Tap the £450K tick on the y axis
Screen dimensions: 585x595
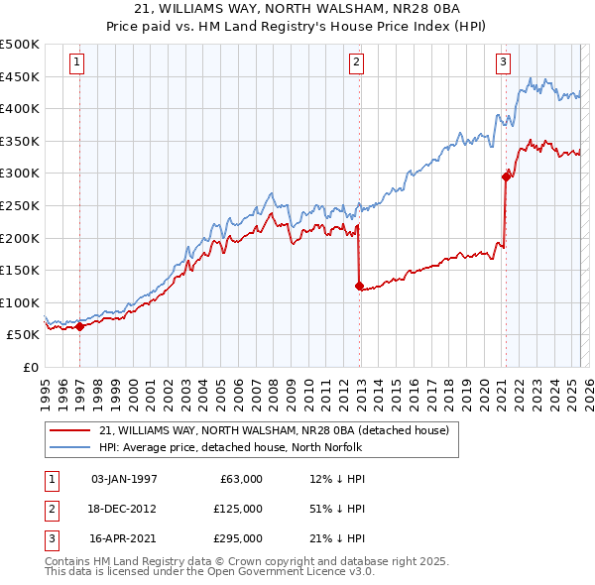pyautogui.click(x=20, y=76)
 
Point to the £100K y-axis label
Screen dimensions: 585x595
pyautogui.click(x=20, y=302)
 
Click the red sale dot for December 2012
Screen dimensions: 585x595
pyautogui.click(x=359, y=286)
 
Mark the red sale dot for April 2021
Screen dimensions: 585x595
pyautogui.click(x=506, y=175)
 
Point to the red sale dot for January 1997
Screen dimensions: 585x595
pyautogui.click(x=79, y=326)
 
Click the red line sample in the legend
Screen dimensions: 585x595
pyautogui.click(x=70, y=430)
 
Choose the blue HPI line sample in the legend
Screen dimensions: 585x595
pyautogui.click(x=70, y=447)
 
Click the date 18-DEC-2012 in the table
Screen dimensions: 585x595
pyautogui.click(x=123, y=508)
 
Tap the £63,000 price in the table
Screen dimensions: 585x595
pyautogui.click(x=239, y=478)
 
